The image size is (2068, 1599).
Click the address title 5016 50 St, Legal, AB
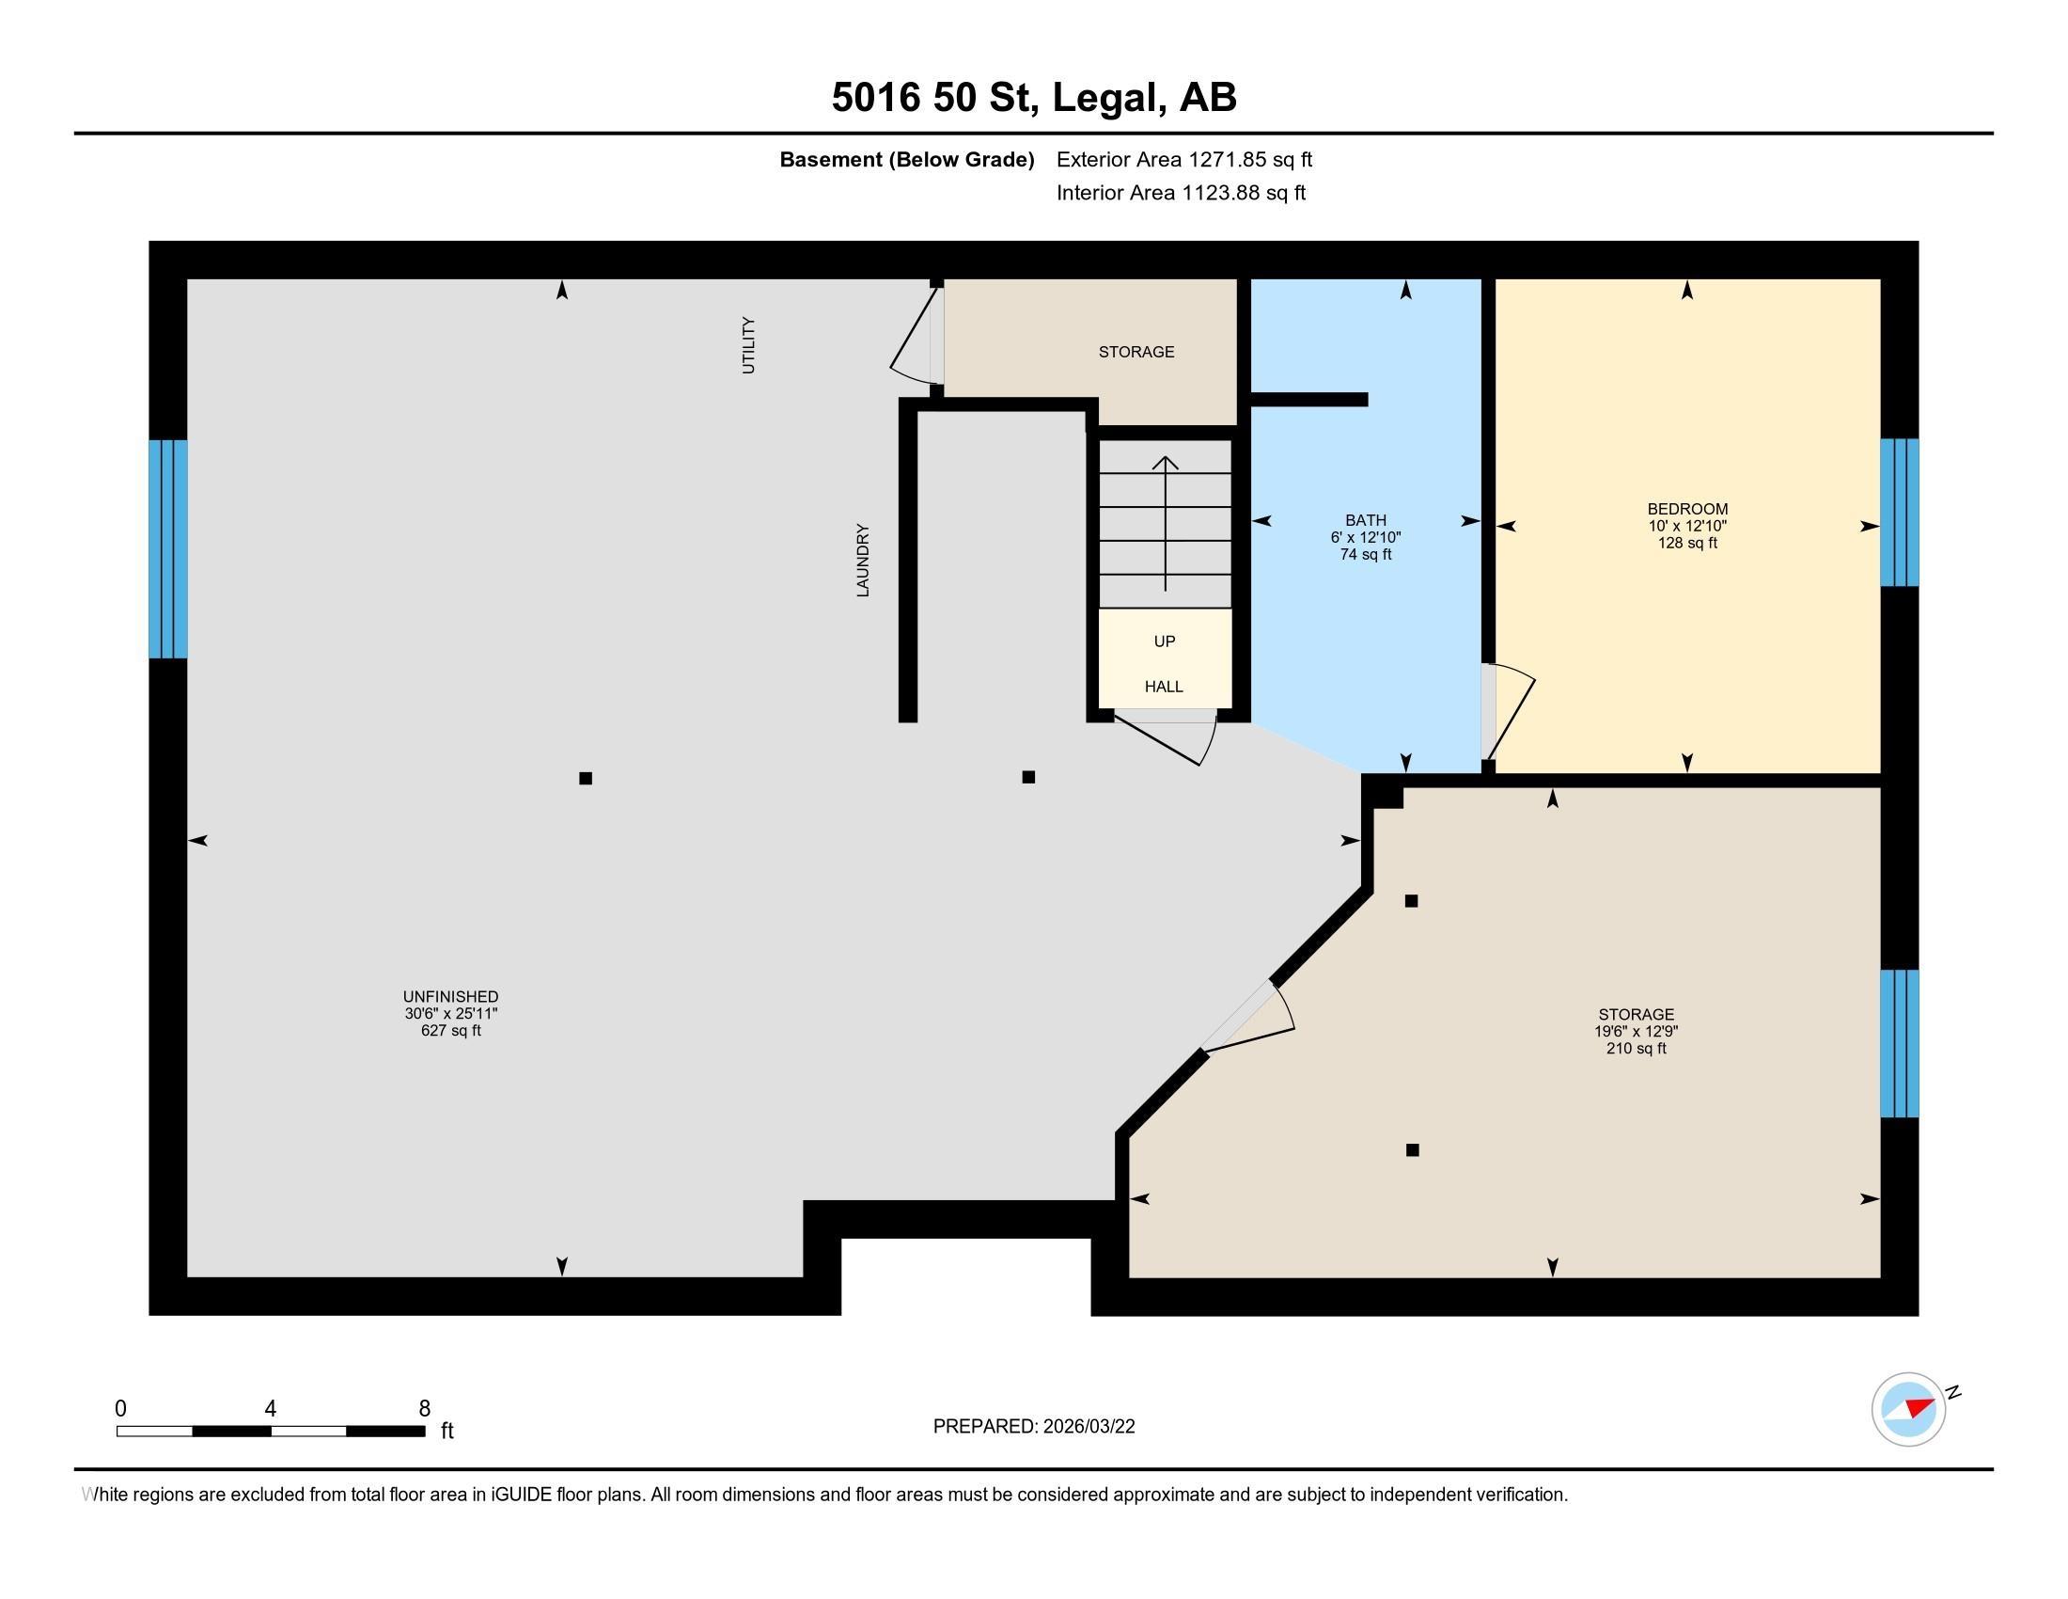tap(1034, 98)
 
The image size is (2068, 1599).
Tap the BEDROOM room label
tap(1687, 509)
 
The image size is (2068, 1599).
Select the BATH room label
tap(1366, 520)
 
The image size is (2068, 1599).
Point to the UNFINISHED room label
tap(450, 996)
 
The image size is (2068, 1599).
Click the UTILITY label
tap(749, 345)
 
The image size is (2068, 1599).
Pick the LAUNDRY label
tap(863, 560)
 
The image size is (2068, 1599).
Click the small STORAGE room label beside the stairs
tap(1136, 352)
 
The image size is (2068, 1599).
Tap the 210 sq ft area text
tap(1637, 1049)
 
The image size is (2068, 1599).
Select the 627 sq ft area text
tap(450, 1031)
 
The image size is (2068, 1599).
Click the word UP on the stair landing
tap(1165, 641)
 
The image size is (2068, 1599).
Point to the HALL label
tap(1164, 687)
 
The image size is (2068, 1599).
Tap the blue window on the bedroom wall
tap(1900, 513)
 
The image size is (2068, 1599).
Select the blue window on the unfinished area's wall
tap(168, 548)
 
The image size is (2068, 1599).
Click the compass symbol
tap(1909, 1409)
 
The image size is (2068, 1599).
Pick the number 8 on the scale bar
tap(425, 1409)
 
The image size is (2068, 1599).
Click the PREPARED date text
tap(1034, 1427)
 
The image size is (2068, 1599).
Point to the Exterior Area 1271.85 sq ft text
tap(1184, 159)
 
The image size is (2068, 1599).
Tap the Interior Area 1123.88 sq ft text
tap(1181, 192)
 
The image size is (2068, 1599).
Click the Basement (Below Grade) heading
tap(906, 160)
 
